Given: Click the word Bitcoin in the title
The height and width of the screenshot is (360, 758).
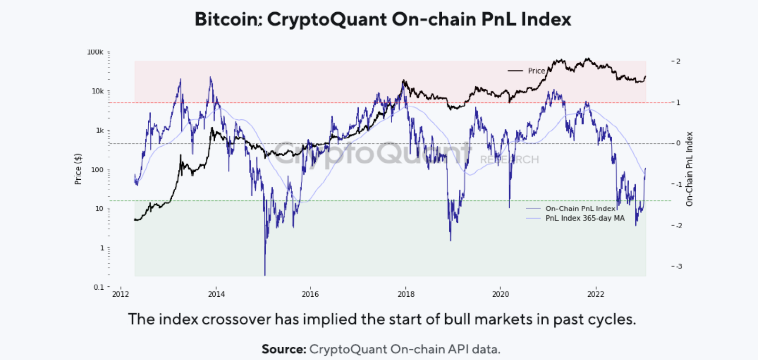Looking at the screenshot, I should tap(226, 19).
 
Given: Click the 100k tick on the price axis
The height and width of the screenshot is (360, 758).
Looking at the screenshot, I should tap(95, 52).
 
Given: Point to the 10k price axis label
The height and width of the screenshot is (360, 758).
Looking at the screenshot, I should tap(97, 91).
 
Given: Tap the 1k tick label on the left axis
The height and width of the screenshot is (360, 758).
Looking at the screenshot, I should tap(100, 130).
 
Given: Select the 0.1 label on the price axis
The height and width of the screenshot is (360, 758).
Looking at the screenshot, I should tap(99, 287).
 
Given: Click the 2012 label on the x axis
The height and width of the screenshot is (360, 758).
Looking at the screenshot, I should tap(121, 294).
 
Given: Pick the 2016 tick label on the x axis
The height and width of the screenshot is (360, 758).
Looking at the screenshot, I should tap(310, 294).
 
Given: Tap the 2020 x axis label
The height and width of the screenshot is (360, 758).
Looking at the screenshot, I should tap(501, 294).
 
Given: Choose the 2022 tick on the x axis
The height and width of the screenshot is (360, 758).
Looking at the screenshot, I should tap(596, 294).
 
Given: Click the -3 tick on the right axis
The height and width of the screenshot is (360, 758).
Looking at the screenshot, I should tap(677, 266).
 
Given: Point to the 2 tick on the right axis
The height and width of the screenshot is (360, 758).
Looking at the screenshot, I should tap(678, 61).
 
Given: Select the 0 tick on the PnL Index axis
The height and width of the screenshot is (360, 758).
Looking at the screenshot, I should tap(678, 143).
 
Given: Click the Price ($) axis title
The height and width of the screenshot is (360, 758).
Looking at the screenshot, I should tap(78, 169).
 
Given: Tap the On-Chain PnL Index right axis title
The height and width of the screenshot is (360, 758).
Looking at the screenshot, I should tap(690, 169).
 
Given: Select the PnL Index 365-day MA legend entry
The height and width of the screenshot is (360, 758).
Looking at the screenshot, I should tap(585, 218).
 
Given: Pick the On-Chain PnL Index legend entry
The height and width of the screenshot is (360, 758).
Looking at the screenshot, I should tap(580, 209).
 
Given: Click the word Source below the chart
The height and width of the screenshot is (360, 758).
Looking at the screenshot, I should tap(284, 349).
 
